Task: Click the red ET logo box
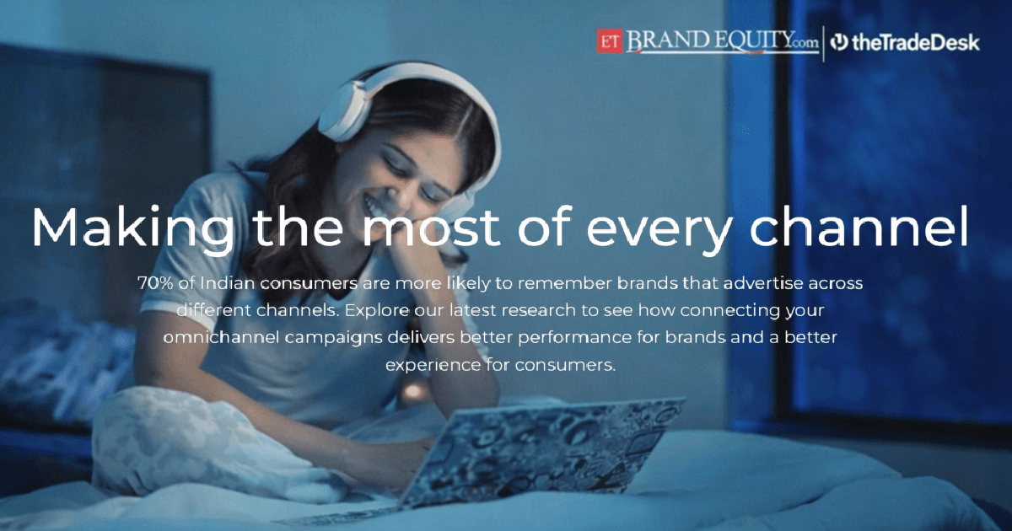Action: tap(610, 41)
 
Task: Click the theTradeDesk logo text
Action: tap(915, 42)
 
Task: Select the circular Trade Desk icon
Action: tap(839, 42)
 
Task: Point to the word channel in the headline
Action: tap(859, 226)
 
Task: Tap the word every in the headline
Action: tap(658, 230)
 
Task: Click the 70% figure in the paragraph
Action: tap(155, 283)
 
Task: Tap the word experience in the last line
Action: tap(433, 365)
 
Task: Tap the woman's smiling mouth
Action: tap(376, 206)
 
